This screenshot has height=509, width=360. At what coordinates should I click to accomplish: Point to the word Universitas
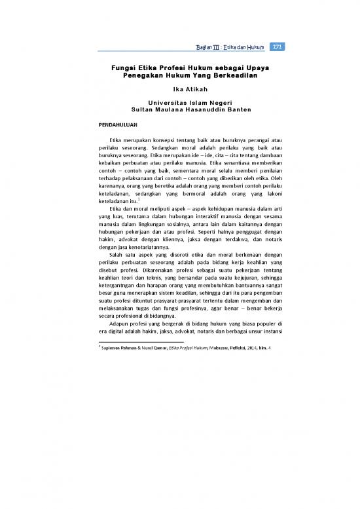(160, 104)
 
